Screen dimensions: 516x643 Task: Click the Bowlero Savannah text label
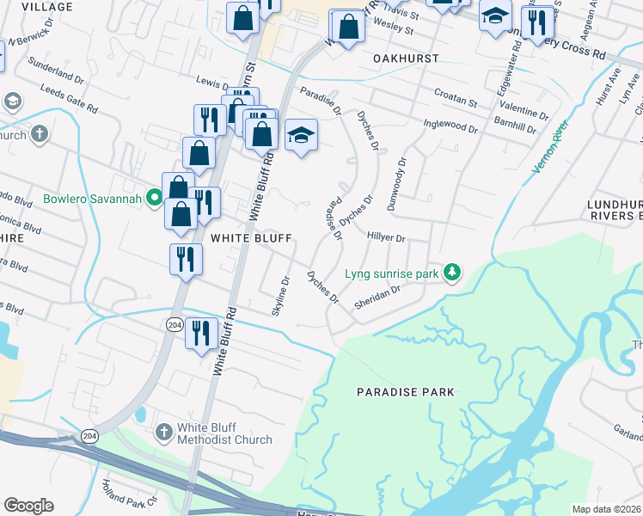tap(94, 200)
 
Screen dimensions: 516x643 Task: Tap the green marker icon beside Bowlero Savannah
tap(155, 199)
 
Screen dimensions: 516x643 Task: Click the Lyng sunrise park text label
tap(392, 273)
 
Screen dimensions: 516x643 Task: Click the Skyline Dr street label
tap(281, 295)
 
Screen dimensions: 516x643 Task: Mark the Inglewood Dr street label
tap(450, 126)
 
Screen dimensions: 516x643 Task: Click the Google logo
tap(29, 506)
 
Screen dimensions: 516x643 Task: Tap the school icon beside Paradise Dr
tap(301, 136)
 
